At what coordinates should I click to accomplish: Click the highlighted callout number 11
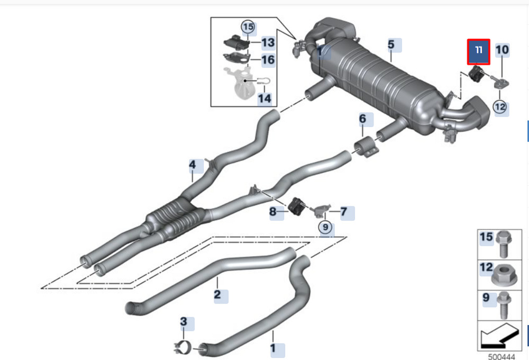[x=478, y=52]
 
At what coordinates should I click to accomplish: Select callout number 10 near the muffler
[x=502, y=50]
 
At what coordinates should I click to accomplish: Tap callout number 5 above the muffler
[x=391, y=44]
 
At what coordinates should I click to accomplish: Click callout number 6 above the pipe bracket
[x=363, y=119]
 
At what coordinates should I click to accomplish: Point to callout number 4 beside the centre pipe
[x=193, y=165]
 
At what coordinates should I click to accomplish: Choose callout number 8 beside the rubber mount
[x=272, y=212]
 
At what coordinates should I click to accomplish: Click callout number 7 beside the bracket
[x=344, y=212]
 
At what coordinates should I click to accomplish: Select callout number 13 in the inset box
[x=268, y=42]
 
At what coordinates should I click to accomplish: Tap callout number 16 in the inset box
[x=268, y=60]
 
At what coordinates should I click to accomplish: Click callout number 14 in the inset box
[x=264, y=98]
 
